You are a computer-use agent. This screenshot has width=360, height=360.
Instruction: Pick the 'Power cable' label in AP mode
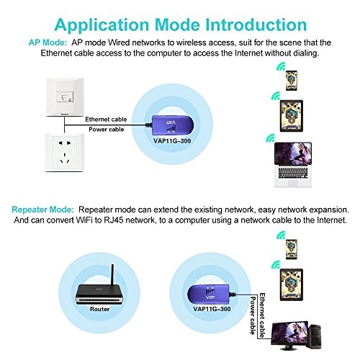105,129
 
